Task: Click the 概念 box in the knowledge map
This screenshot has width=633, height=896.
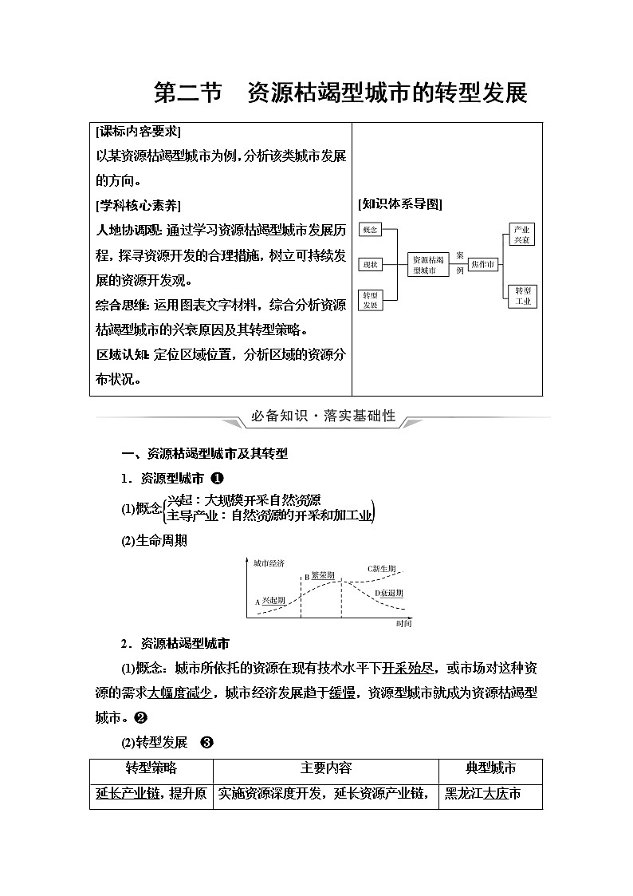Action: tap(369, 230)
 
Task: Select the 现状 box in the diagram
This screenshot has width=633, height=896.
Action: tap(369, 264)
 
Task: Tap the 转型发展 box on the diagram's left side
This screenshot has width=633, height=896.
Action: tap(369, 299)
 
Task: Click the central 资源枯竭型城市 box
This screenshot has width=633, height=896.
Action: tap(429, 265)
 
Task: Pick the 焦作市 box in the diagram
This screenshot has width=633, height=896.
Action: tap(482, 264)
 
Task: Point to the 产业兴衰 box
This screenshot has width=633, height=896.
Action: tap(522, 234)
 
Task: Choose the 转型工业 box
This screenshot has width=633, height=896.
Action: tap(522, 296)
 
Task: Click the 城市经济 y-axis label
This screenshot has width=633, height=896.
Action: tap(269, 563)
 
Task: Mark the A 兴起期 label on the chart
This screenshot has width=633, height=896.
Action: tap(270, 601)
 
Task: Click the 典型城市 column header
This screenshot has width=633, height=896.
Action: tap(490, 768)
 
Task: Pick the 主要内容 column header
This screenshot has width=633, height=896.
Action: tap(325, 768)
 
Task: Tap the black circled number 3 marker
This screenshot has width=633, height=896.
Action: tap(206, 743)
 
